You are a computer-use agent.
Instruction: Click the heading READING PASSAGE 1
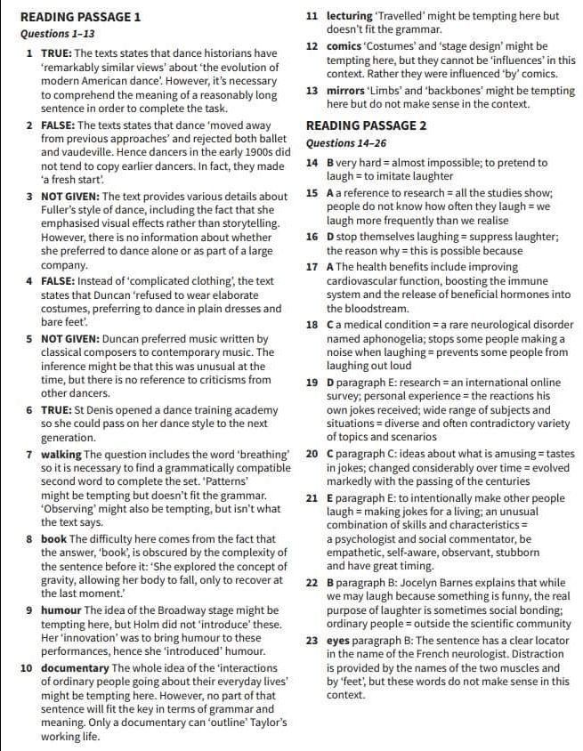coord(80,17)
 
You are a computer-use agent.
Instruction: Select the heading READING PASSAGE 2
coord(366,125)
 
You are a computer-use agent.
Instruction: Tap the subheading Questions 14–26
coord(342,143)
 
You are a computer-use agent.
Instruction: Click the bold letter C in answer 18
coord(330,326)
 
